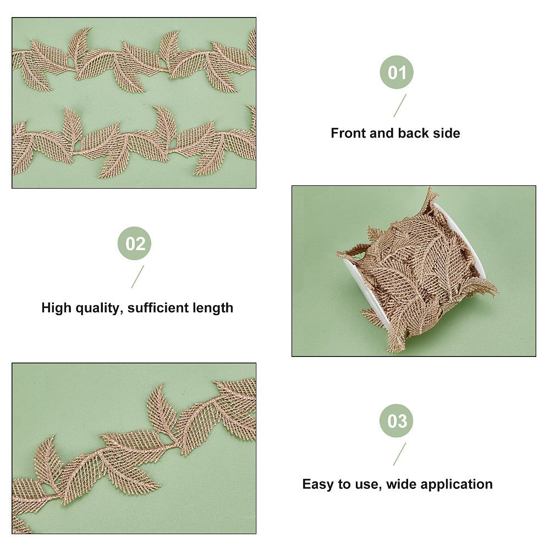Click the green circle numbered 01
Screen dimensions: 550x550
[x=397, y=72]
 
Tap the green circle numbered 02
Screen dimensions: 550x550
[x=134, y=244]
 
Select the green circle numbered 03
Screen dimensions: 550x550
[x=397, y=421]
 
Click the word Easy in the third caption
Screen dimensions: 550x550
[x=318, y=485]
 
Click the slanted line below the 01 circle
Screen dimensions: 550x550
[x=399, y=106]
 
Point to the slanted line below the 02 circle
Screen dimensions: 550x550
[x=137, y=277]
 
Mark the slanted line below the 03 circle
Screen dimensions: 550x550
[x=399, y=454]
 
